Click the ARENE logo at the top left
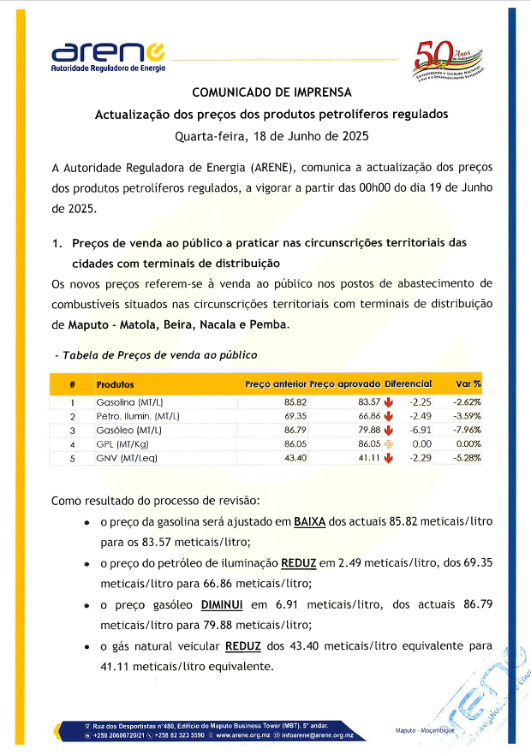tap(108, 56)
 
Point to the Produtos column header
tap(115, 385)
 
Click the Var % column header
tap(468, 385)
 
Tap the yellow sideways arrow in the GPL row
tap(388, 444)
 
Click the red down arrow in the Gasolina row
tap(388, 401)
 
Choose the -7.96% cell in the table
tap(467, 430)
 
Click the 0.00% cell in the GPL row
tap(468, 444)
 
